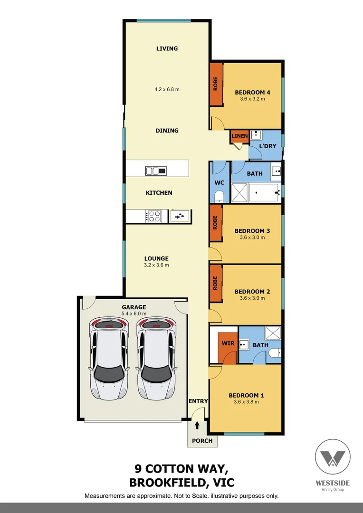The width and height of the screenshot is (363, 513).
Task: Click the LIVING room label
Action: pyautogui.click(x=167, y=48)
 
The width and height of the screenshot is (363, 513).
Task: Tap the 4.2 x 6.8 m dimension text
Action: pyautogui.click(x=167, y=89)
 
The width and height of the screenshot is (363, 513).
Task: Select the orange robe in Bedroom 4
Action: pyautogui.click(x=216, y=84)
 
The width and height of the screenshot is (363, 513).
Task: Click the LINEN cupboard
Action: pyautogui.click(x=239, y=136)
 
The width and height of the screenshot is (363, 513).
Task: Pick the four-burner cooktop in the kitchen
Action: pyautogui.click(x=154, y=217)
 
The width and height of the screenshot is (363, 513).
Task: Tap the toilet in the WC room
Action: pyautogui.click(x=219, y=196)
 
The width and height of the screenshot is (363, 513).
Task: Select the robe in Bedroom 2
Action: pyautogui.click(x=216, y=283)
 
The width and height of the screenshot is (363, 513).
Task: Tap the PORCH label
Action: pyautogui.click(x=202, y=440)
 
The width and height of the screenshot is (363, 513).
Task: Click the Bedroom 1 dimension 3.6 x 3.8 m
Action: pyautogui.click(x=246, y=402)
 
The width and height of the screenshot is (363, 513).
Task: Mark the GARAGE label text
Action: pyautogui.click(x=134, y=307)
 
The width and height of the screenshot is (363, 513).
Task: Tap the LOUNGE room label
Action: pyautogui.click(x=156, y=259)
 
